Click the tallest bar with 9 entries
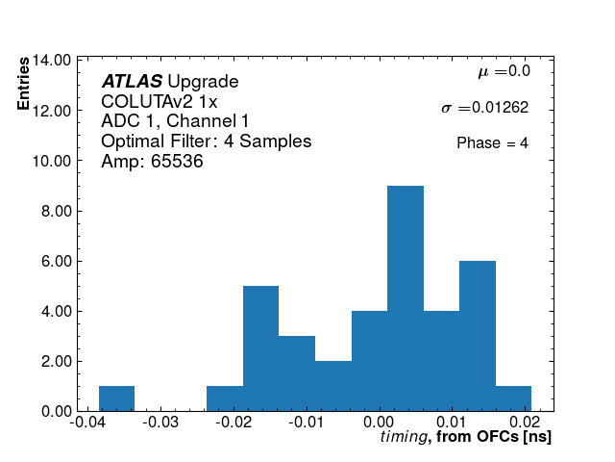(x=406, y=298)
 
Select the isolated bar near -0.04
(x=116, y=398)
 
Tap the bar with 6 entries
(x=478, y=336)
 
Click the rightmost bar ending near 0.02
(x=513, y=398)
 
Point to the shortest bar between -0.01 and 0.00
(x=333, y=386)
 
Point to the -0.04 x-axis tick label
(x=88, y=422)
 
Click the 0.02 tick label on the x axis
(x=525, y=422)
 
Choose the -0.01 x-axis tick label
(x=306, y=422)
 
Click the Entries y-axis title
(x=23, y=86)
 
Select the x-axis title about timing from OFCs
(x=465, y=438)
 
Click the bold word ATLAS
(x=132, y=82)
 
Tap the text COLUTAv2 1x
(x=160, y=102)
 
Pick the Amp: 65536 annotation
(x=152, y=162)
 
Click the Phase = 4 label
(x=492, y=143)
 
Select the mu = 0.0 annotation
(x=504, y=71)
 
